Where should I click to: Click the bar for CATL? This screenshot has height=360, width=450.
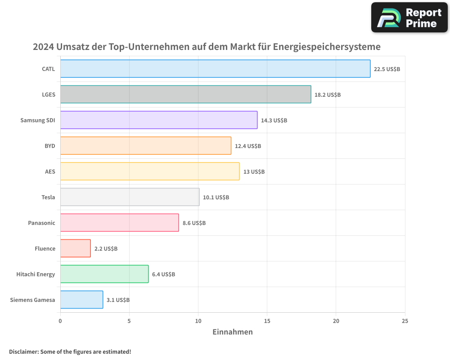click(215, 69)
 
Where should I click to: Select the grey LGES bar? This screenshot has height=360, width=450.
click(185, 94)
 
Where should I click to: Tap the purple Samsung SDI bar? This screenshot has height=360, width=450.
click(158, 120)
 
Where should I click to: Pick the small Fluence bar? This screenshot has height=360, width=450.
click(75, 248)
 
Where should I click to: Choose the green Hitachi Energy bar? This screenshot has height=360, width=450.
click(104, 274)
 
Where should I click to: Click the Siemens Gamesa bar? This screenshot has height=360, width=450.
click(81, 300)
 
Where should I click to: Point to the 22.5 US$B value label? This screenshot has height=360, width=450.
click(387, 69)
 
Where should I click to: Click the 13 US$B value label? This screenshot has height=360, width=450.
click(254, 172)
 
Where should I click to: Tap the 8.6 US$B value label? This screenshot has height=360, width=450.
click(194, 223)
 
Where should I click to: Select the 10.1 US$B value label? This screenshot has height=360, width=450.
click(216, 198)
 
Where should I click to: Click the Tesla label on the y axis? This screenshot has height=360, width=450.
click(48, 198)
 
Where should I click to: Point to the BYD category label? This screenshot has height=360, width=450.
click(49, 146)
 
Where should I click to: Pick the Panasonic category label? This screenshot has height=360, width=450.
click(41, 223)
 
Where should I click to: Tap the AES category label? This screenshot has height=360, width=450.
click(50, 172)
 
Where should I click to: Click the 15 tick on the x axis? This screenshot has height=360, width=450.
click(267, 321)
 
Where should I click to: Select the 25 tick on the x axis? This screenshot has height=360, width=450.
click(405, 321)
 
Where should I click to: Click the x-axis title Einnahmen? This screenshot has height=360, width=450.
click(233, 332)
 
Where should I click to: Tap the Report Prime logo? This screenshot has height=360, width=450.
click(409, 18)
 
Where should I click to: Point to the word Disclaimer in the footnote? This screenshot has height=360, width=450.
click(23, 351)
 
